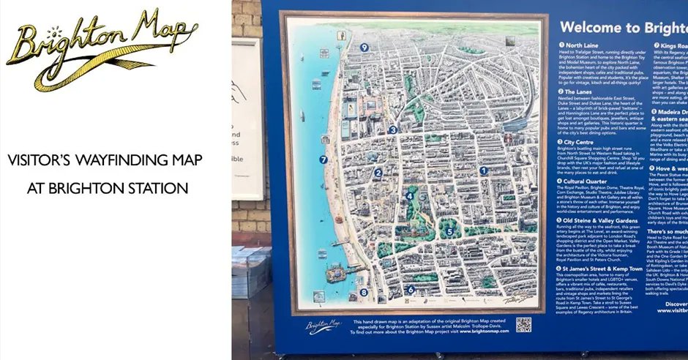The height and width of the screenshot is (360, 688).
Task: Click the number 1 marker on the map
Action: coord(483,170)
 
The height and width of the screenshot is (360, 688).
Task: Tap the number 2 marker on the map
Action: coord(378,173)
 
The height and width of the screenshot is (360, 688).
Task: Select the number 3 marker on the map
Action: coord(392,130)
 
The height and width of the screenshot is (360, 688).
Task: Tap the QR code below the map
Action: coord(523,325)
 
